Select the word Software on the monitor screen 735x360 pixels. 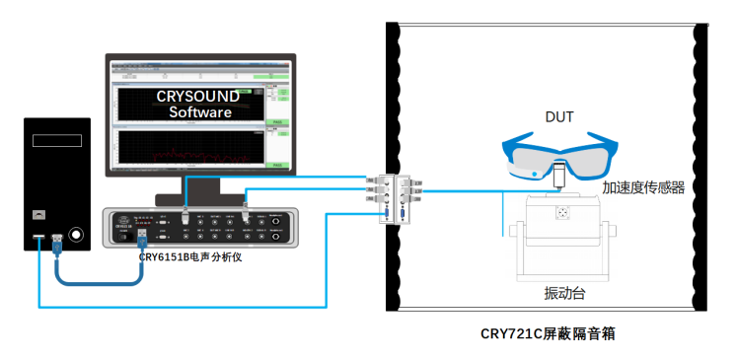[x=200, y=111]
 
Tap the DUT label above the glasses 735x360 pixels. [x=559, y=116]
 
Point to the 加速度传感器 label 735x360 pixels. [x=644, y=186]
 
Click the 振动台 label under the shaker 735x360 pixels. [x=563, y=294]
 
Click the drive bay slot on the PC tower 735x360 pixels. [x=56, y=141]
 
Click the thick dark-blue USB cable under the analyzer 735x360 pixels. [x=99, y=281]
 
